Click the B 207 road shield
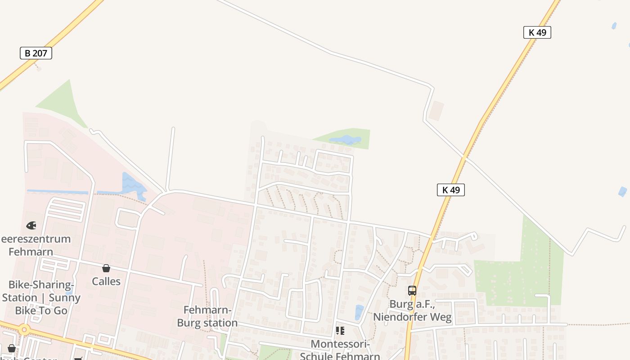pyautogui.click(x=36, y=53)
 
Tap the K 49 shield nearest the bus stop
pyautogui.click(x=450, y=190)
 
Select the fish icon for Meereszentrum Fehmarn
pyautogui.click(x=31, y=225)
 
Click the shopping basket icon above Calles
pyautogui.click(x=106, y=269)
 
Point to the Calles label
pyautogui.click(x=106, y=281)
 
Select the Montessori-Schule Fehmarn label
pyautogui.click(x=340, y=350)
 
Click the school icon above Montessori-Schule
pyautogui.click(x=340, y=331)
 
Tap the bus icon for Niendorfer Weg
pyautogui.click(x=412, y=291)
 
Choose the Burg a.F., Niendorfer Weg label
pyautogui.click(x=412, y=310)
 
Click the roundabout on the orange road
pyautogui.click(x=24, y=330)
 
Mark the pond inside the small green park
pyautogui.click(x=345, y=140)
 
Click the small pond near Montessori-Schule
pyautogui.click(x=359, y=312)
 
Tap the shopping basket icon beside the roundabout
pyautogui.click(x=12, y=348)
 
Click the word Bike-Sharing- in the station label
pyautogui.click(x=41, y=285)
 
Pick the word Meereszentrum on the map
pyautogui.click(x=36, y=238)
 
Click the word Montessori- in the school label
pyautogui.click(x=340, y=344)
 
